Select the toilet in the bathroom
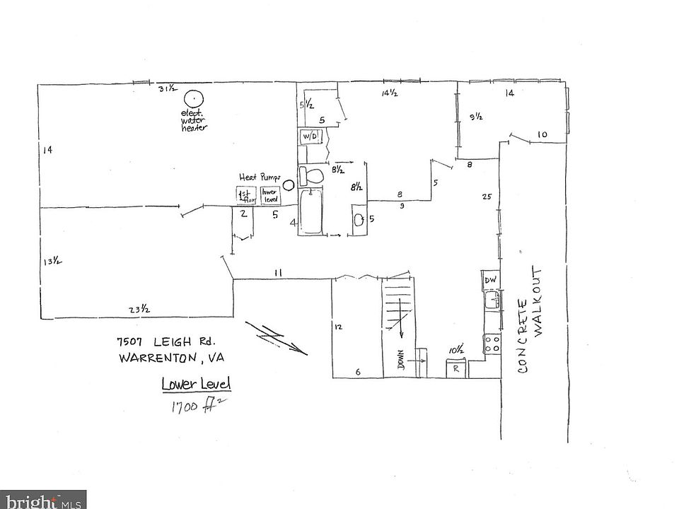311,175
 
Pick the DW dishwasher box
491,280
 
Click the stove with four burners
492,344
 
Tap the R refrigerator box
455,368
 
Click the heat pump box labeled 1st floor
245,194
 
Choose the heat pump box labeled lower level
269,194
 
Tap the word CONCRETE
523,335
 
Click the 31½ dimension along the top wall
168,89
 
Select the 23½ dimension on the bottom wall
138,308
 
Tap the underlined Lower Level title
196,385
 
